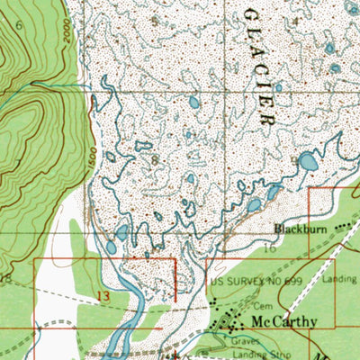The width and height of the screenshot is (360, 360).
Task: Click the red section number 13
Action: tap(103, 294)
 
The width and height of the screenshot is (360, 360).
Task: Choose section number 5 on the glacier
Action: tap(154, 19)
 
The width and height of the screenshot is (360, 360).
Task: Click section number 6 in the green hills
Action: tap(20, 26)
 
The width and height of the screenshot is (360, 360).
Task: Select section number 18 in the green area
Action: tap(7, 282)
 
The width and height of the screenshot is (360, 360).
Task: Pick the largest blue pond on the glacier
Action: tap(308, 162)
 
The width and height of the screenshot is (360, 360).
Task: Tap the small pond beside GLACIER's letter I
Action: tap(277, 87)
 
